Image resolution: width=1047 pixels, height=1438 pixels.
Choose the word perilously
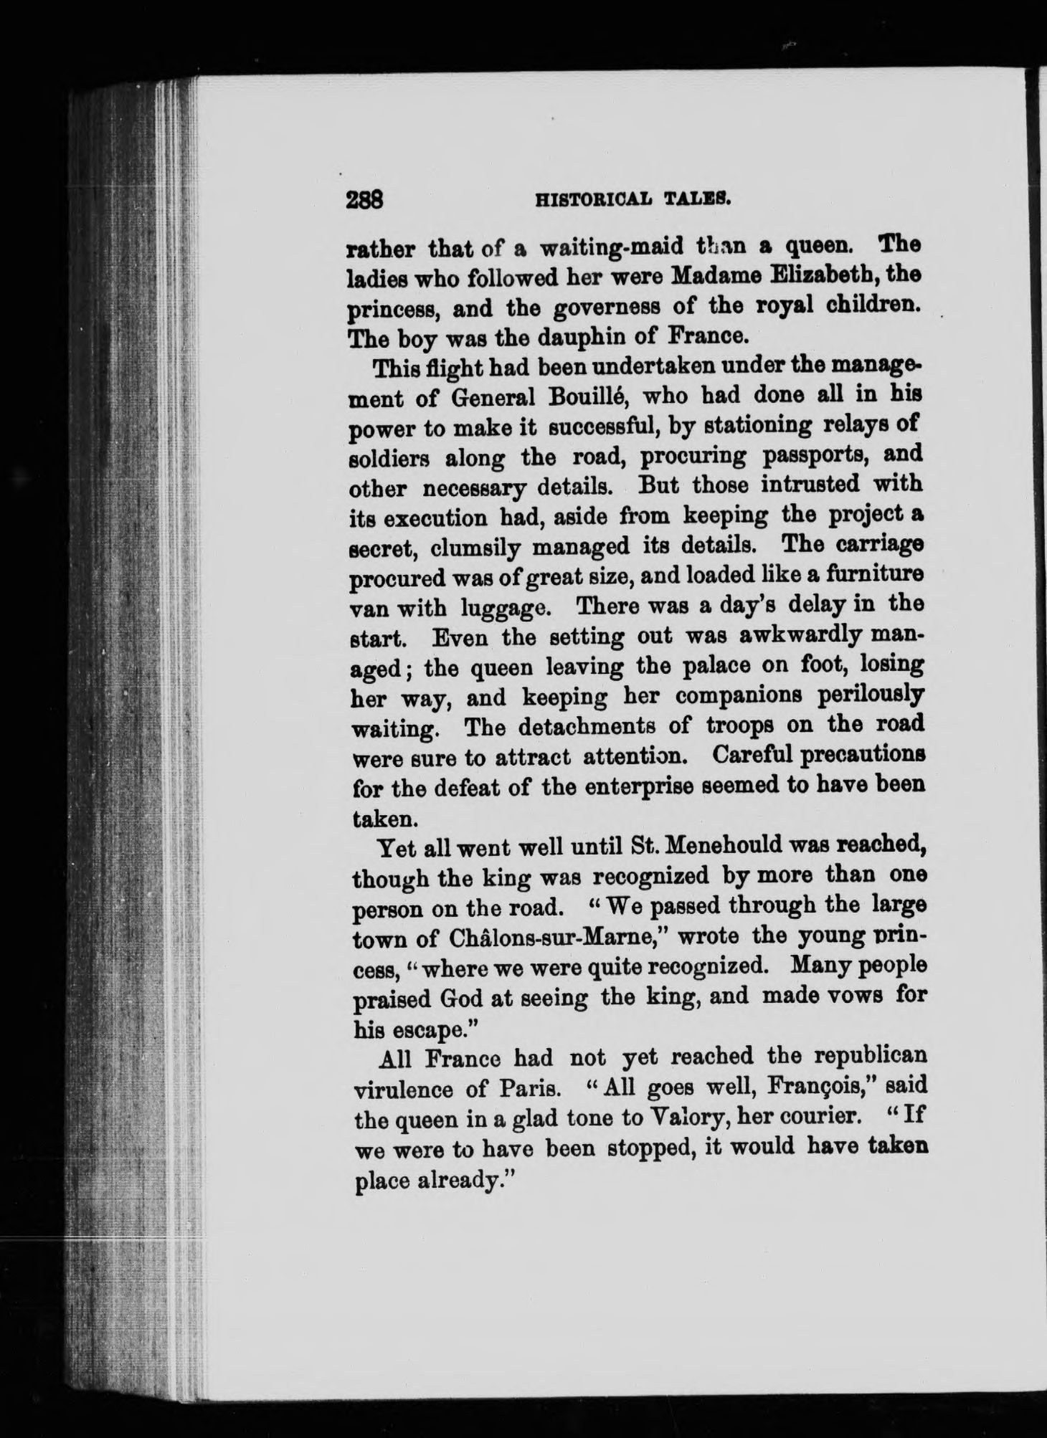pos(861,697)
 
